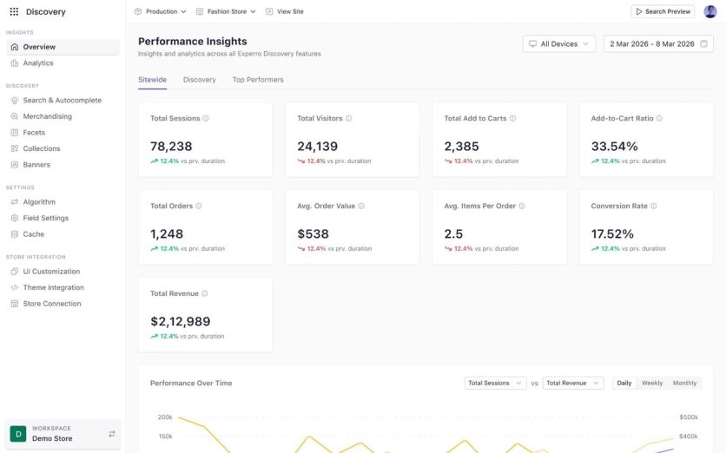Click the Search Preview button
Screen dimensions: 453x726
[663, 11]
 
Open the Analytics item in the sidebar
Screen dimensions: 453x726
[37, 63]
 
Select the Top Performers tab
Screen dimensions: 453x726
[258, 80]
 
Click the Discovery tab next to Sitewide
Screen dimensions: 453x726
[199, 80]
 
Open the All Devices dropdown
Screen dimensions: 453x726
[558, 43]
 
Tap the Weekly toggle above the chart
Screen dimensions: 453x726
[651, 383]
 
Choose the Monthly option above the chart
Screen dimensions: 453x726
[684, 383]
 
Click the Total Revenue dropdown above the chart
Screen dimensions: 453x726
[572, 383]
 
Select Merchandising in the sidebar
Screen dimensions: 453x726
[47, 116]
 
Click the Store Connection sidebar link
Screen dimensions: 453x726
[51, 304]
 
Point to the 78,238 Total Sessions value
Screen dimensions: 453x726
[171, 147]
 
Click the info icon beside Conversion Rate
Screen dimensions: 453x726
[654, 207]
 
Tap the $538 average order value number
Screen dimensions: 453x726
[313, 234]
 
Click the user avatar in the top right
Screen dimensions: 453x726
[709, 11]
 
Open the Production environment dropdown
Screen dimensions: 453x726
[161, 11]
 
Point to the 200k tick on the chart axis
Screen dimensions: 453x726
[164, 417]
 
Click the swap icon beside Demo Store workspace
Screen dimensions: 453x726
[111, 434]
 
